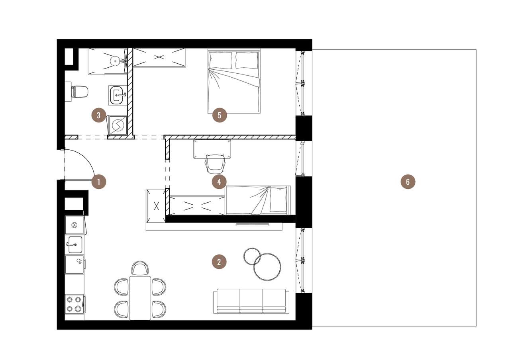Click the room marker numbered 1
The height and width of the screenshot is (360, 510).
click(99, 182)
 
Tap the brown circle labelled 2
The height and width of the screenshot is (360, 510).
click(219, 262)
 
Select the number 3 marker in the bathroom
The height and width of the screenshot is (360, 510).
click(98, 116)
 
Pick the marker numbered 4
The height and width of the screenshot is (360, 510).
click(219, 182)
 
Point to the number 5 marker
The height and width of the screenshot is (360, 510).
click(220, 115)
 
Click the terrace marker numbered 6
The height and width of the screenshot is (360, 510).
click(408, 182)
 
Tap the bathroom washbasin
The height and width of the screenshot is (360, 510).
click(117, 95)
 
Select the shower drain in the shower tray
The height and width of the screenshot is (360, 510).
click(115, 61)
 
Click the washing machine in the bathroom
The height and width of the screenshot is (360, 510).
click(118, 125)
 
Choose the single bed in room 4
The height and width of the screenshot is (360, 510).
click(257, 200)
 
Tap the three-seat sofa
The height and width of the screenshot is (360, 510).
click(251, 301)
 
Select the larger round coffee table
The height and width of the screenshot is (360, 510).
click(267, 267)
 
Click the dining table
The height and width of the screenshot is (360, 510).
click(140, 297)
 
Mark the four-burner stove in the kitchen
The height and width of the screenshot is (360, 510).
click(75, 304)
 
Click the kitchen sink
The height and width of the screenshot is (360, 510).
click(75, 245)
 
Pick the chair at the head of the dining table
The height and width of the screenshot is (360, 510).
click(140, 268)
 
